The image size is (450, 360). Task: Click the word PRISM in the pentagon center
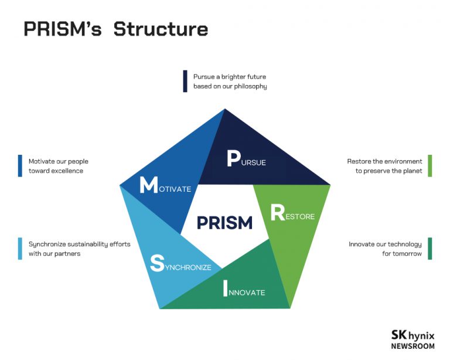click(x=224, y=223)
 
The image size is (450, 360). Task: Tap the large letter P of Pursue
click(x=233, y=159)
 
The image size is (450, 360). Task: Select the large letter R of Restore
click(x=277, y=213)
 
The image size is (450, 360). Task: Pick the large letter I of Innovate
click(x=225, y=288)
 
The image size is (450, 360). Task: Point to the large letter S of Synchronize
click(x=156, y=263)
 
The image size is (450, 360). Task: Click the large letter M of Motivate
click(x=148, y=185)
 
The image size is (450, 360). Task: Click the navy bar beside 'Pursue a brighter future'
click(x=185, y=81)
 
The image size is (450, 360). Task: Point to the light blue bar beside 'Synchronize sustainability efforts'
click(x=20, y=249)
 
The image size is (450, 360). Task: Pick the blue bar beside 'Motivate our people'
click(x=20, y=166)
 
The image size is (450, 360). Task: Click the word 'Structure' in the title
click(x=161, y=29)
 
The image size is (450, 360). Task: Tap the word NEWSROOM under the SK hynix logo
click(x=413, y=346)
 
